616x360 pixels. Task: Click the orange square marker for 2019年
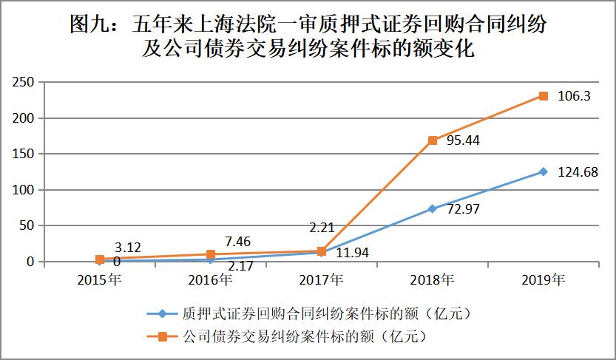(543, 96)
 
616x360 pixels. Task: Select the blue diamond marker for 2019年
(543, 171)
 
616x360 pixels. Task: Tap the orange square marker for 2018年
(433, 140)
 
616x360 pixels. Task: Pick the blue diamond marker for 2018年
(433, 209)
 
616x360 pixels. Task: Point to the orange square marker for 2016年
(211, 254)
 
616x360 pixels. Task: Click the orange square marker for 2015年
(100, 259)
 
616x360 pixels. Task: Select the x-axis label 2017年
(322, 280)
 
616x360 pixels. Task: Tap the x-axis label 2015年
(100, 280)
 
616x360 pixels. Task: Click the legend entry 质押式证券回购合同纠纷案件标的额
(325, 313)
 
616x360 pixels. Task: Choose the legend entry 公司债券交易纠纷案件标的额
(303, 337)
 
